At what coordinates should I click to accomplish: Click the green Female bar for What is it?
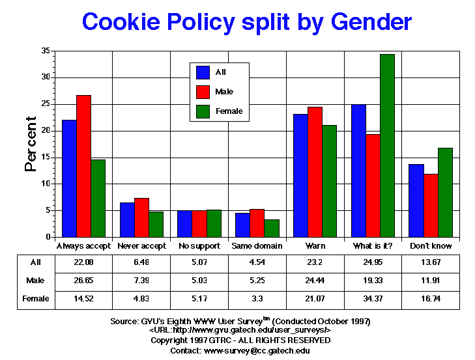tap(387, 146)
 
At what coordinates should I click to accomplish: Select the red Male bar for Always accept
tap(83, 166)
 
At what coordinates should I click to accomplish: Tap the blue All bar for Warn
tap(300, 176)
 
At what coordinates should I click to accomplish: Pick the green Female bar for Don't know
tap(445, 193)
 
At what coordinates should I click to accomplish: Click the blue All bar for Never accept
tap(127, 220)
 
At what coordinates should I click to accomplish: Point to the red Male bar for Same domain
tap(257, 223)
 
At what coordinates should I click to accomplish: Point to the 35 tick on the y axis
tap(48, 51)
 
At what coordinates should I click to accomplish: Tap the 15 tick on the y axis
tap(48, 158)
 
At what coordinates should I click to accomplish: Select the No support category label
tap(199, 246)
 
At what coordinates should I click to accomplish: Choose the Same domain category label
tap(257, 246)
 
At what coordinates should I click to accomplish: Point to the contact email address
tap(257, 350)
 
